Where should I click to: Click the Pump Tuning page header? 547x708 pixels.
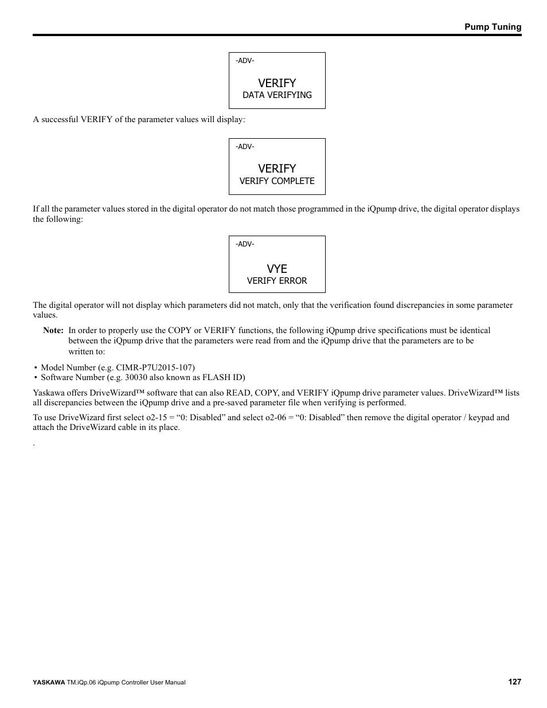coord(493,27)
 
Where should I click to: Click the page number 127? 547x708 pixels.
coord(514,682)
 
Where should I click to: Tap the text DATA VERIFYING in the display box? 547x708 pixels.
coord(277,95)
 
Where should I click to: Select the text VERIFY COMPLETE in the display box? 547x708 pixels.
coord(277,181)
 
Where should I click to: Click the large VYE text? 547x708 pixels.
coord(277,268)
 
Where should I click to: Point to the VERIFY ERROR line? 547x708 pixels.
coord(277,281)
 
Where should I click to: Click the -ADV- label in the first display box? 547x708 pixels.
coord(245,61)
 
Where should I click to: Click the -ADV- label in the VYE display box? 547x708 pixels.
coord(245,244)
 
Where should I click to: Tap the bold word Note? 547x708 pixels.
coord(53,330)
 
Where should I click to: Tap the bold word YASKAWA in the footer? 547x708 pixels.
coord(49,682)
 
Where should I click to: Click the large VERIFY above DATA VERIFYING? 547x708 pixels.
coord(277,83)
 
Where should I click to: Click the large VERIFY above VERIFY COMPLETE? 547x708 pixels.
coord(277,169)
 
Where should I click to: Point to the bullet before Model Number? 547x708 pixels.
coord(36,368)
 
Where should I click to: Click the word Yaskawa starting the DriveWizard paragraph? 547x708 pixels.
coord(48,393)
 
